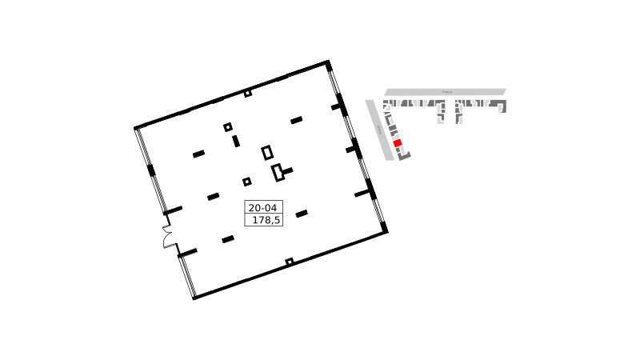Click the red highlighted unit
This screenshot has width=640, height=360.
[397, 143]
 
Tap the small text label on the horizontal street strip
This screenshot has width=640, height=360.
[447, 92]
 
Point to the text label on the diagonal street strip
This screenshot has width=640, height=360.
[379, 129]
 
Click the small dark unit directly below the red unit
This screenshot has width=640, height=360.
[398, 150]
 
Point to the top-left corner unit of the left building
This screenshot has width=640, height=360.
[386, 103]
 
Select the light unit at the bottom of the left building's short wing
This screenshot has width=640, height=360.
[441, 121]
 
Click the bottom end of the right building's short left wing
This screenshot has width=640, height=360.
[458, 122]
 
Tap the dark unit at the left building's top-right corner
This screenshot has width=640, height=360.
[441, 102]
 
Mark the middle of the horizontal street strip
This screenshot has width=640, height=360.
[445, 92]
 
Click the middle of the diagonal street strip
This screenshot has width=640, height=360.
[379, 129]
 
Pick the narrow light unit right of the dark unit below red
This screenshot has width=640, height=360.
[403, 149]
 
